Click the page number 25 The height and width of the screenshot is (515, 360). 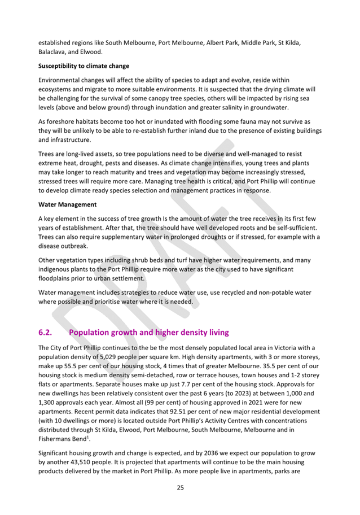click(180, 487)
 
